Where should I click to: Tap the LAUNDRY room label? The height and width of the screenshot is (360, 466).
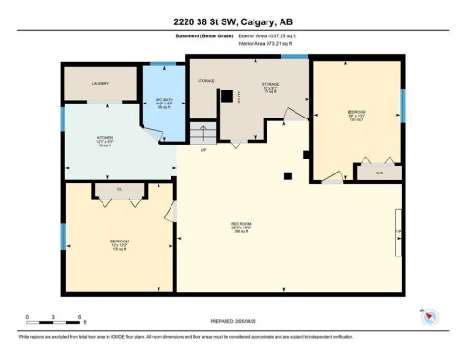point(101,84)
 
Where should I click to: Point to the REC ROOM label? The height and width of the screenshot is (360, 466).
point(241,225)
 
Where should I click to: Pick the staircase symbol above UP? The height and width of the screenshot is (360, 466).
point(202,133)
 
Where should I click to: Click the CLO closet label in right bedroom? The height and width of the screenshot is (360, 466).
point(378,173)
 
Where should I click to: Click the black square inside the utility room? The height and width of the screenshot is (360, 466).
point(226,95)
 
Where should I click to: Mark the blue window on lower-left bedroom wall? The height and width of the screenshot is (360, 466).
point(62,237)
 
